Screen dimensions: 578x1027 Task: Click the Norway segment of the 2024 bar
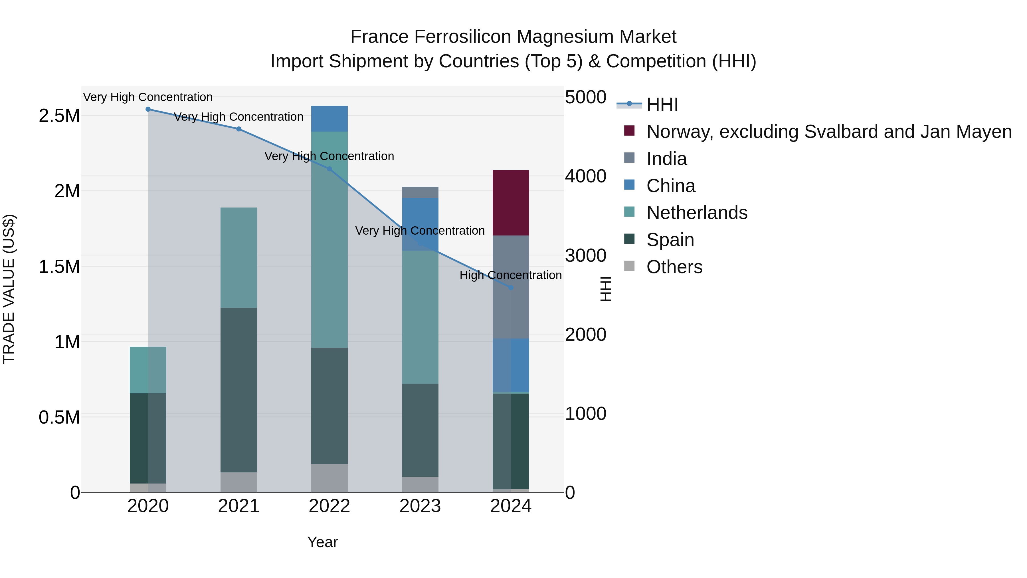point(511,203)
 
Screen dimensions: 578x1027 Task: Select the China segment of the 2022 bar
point(329,118)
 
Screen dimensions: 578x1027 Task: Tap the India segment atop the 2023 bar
point(420,192)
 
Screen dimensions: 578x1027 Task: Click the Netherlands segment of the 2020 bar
point(148,370)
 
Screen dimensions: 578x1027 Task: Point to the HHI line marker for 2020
point(148,109)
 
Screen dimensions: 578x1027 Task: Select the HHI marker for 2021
point(238,129)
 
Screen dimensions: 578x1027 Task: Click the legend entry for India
point(667,159)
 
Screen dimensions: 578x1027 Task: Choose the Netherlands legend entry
point(696,213)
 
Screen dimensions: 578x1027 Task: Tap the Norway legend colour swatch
point(629,131)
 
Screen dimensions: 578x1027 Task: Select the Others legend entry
point(674,267)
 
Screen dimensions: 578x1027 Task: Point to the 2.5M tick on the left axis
point(59,116)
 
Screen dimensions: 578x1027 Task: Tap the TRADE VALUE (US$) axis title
point(9,289)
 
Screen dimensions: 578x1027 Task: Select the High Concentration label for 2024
point(510,275)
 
